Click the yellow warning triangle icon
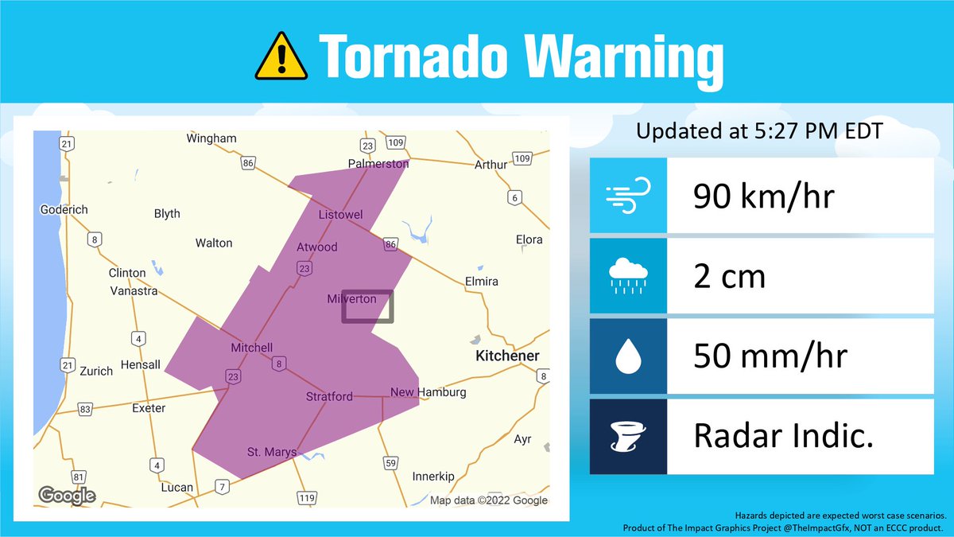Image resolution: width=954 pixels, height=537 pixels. tap(281, 57)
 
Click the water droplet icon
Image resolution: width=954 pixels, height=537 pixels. tap(628, 357)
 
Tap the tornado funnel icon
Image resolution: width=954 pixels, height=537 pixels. tap(628, 437)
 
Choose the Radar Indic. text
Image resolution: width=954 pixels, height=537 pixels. tap(783, 436)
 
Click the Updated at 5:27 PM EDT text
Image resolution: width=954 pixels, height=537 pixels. tap(758, 131)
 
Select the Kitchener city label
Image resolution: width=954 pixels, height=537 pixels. tap(507, 356)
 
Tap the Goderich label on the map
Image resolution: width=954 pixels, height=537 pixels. tap(64, 209)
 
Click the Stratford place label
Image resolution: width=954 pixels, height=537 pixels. tap(329, 396)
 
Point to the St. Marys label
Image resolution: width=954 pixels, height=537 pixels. tap(271, 452)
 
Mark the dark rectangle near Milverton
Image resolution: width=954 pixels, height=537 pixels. tap(367, 307)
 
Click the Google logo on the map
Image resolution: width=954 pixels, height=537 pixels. tap(68, 496)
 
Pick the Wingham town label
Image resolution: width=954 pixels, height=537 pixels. tap(211, 138)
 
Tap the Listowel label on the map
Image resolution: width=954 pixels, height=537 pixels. tap(340, 215)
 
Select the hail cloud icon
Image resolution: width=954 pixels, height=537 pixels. tap(628, 275)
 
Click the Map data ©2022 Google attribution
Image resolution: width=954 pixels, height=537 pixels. tap(488, 500)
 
